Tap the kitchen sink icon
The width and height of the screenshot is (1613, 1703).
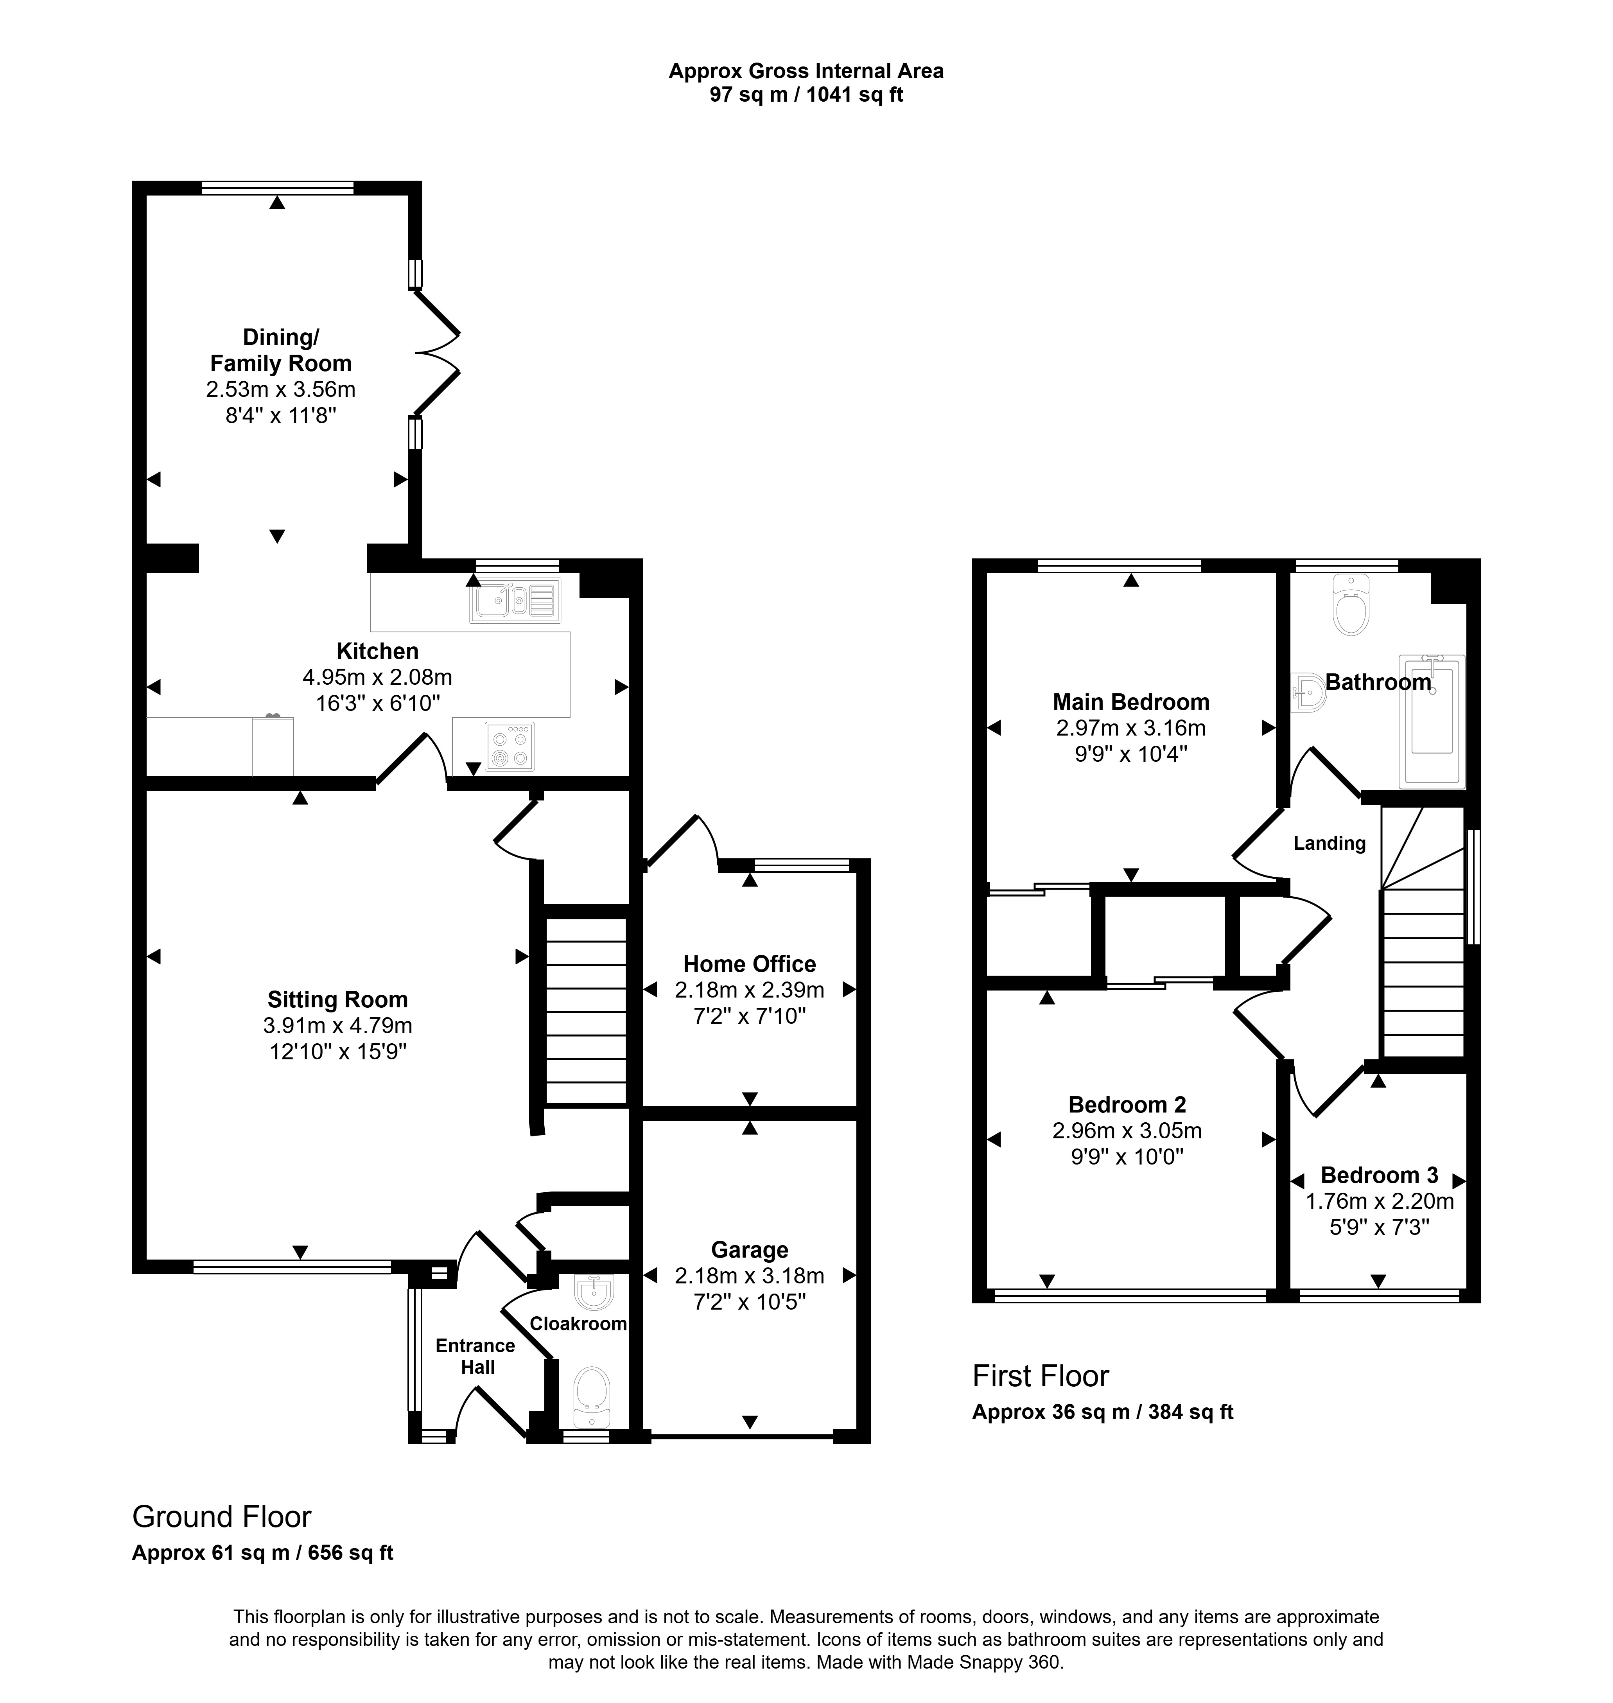[515, 600]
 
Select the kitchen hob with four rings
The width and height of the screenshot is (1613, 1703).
[510, 745]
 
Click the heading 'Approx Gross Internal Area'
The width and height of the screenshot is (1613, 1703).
[806, 71]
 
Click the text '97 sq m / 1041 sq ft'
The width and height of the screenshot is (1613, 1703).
[806, 95]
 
